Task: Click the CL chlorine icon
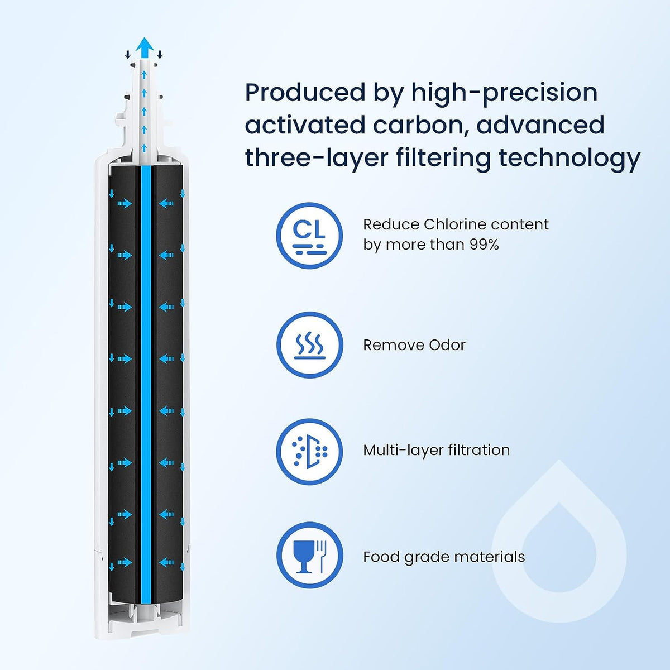(x=309, y=234)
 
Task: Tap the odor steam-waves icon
(x=309, y=344)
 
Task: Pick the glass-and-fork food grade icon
(x=309, y=555)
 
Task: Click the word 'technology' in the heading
(x=569, y=158)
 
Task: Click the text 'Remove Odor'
(x=414, y=345)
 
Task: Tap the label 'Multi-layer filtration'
(x=436, y=450)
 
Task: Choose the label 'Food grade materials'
(x=444, y=557)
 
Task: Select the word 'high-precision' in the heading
(x=504, y=93)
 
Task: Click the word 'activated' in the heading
(x=300, y=125)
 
